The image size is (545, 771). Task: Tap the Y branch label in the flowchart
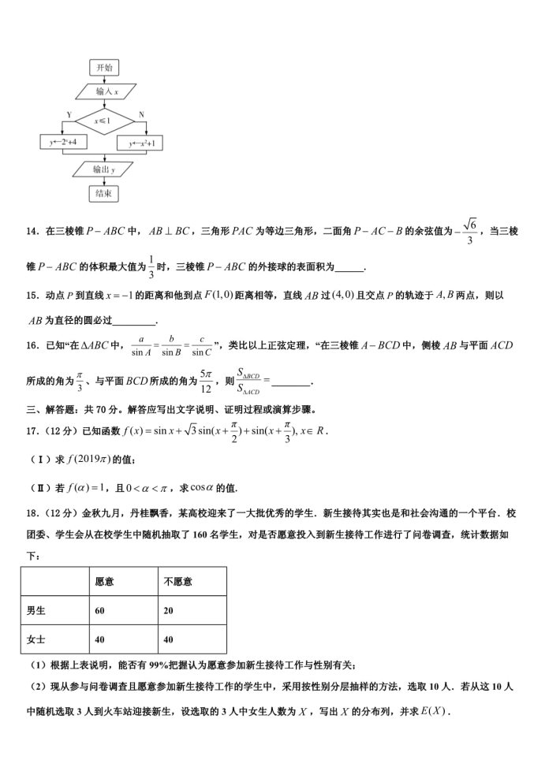click(x=69, y=115)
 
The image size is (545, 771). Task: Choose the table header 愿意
click(x=104, y=582)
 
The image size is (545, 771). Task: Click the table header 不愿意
click(x=177, y=582)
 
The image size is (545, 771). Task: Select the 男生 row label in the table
click(x=36, y=610)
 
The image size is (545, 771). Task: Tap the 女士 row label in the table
click(x=36, y=639)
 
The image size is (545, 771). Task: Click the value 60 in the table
click(x=100, y=610)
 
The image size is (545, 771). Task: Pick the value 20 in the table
click(x=170, y=610)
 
